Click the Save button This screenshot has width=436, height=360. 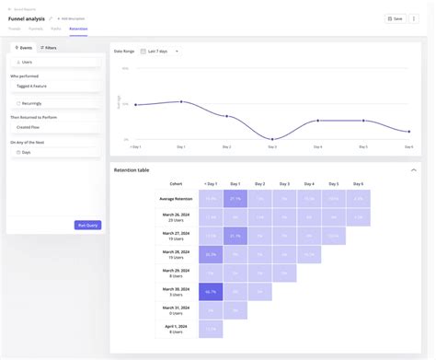(394, 17)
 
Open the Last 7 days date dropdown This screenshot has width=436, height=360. (163, 51)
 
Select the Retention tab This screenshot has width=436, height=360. (78, 29)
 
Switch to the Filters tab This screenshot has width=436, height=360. (48, 47)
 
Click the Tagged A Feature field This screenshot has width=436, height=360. (53, 86)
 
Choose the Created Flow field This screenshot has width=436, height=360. (53, 128)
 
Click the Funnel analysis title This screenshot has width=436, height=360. (27, 17)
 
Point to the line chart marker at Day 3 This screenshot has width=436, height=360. (272, 139)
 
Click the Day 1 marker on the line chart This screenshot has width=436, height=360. (181, 101)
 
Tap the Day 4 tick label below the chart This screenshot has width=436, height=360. (317, 146)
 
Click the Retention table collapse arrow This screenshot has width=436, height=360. (413, 170)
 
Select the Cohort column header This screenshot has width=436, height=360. (176, 183)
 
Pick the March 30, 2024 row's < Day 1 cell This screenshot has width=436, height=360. (211, 292)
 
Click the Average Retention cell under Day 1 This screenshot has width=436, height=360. (235, 198)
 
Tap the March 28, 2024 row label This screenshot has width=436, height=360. (176, 254)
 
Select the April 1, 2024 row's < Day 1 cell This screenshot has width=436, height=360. (211, 330)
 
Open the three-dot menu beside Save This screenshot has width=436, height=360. (415, 17)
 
